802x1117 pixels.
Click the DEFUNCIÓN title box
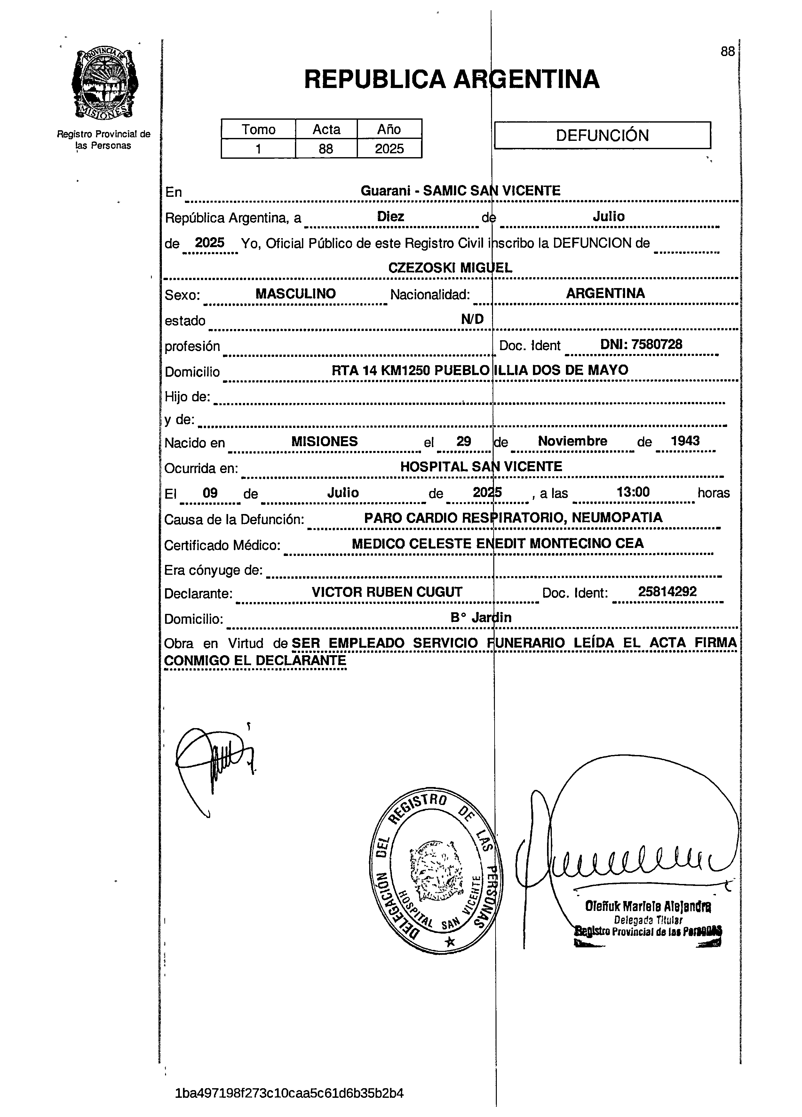(x=602, y=135)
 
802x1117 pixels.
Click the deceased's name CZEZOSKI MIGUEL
(x=450, y=268)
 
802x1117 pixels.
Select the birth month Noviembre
(x=572, y=441)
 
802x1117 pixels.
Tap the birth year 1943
(x=685, y=441)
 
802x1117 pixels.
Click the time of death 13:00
(x=633, y=492)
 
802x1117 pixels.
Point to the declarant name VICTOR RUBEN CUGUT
(x=387, y=592)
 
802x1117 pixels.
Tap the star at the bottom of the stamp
(x=449, y=942)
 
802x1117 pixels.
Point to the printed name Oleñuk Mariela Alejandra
(x=647, y=905)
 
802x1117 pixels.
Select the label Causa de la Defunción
(x=234, y=519)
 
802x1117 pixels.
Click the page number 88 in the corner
(x=727, y=52)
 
